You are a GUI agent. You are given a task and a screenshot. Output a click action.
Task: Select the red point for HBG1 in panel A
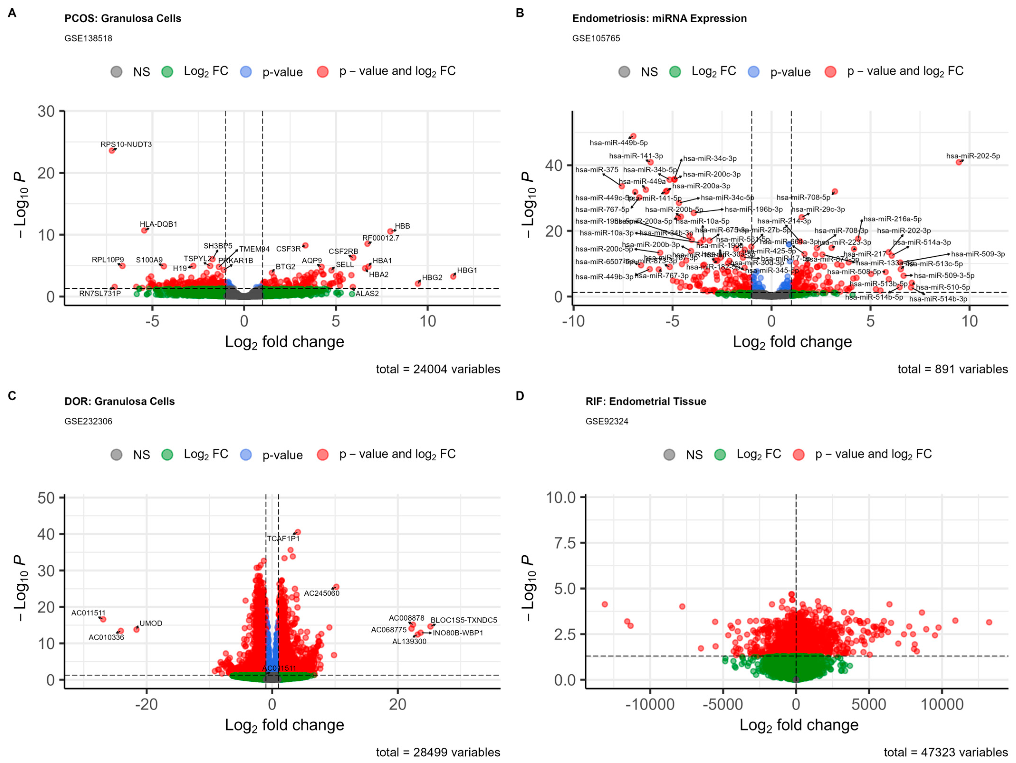[x=453, y=276]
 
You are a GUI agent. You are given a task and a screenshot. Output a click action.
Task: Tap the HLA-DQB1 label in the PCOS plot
[x=158, y=224]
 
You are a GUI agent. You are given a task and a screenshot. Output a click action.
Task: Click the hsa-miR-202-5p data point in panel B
[x=959, y=162]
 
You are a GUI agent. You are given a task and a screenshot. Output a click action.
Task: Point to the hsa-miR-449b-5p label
[x=618, y=143]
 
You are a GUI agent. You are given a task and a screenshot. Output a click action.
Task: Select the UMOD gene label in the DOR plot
[x=151, y=623]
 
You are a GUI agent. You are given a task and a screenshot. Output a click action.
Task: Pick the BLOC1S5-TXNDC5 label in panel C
[x=463, y=620]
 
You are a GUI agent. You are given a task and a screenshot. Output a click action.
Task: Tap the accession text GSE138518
[x=88, y=38]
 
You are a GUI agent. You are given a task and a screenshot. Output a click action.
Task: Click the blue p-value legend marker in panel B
[x=753, y=72]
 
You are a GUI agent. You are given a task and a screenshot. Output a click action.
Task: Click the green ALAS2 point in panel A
[x=352, y=294]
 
